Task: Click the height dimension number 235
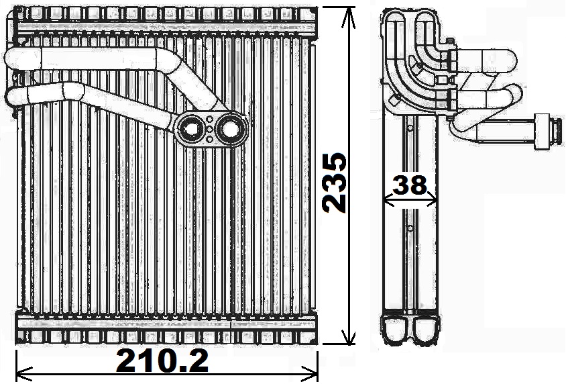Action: point(335,183)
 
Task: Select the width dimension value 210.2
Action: point(162,361)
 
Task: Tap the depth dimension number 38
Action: point(409,185)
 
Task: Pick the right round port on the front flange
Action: point(229,129)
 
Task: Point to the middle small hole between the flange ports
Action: point(210,130)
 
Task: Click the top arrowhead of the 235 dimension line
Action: point(348,16)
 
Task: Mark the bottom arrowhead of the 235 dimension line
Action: point(348,334)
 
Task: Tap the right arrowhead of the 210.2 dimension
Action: point(310,371)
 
